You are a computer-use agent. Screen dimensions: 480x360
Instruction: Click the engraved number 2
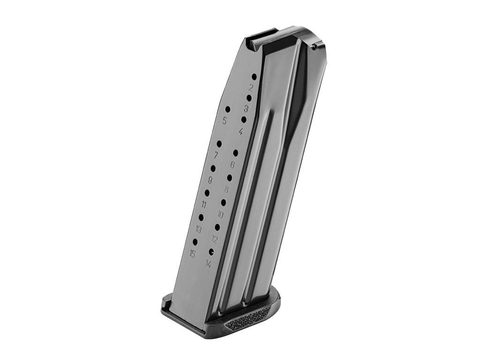tap(251, 88)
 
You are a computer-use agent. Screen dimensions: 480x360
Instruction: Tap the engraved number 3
tap(246, 109)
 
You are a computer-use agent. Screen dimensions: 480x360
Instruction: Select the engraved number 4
tap(240, 132)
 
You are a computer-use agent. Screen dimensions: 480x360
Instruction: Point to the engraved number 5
tap(225, 121)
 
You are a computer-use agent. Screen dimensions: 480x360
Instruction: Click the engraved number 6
tap(232, 165)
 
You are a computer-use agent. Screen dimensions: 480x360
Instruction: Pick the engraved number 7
tap(216, 155)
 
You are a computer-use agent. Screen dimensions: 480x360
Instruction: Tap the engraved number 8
tap(226, 190)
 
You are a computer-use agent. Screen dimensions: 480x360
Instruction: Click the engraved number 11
tap(204, 204)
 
